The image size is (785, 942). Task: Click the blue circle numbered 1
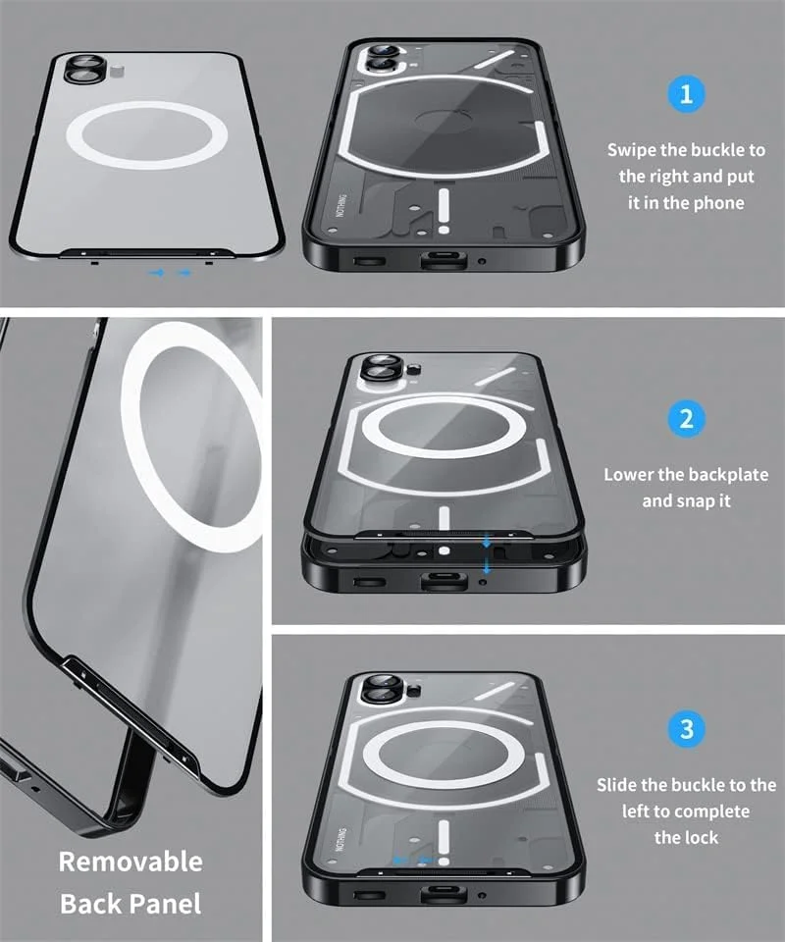[x=686, y=94]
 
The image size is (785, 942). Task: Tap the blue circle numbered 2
[x=686, y=419]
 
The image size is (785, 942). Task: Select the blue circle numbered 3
[x=686, y=729]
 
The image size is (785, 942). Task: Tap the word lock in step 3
[x=700, y=837]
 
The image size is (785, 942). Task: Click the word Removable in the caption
[x=131, y=862]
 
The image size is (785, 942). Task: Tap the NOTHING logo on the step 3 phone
[x=340, y=839]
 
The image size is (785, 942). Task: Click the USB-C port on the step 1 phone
[x=444, y=259]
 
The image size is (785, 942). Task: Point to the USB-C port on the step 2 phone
[x=444, y=581]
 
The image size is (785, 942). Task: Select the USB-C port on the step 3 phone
[x=444, y=893]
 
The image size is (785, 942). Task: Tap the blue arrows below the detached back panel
[x=171, y=273]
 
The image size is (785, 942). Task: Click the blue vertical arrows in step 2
[x=487, y=553]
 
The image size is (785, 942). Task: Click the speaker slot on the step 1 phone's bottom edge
[x=369, y=261]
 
